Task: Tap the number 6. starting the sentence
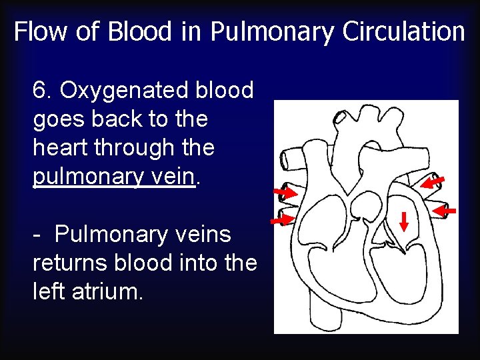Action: pos(43,90)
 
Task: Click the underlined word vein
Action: pos(175,177)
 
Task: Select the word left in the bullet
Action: pos(49,292)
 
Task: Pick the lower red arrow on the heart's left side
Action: pos(284,219)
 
